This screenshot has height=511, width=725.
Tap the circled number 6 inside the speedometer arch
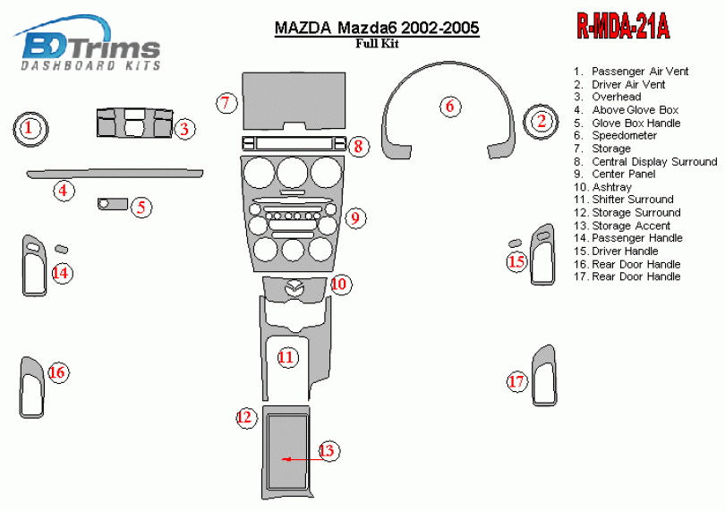coord(450,106)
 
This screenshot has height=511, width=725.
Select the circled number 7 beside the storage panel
coord(227,103)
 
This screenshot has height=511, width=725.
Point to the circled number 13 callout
coord(328,450)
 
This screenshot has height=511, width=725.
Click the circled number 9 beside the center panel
coord(354,217)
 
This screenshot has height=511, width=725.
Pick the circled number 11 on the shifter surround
coord(286,358)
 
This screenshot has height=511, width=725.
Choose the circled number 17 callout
coord(516,382)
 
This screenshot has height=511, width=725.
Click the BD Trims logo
coord(90,45)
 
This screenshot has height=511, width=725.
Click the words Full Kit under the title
coord(376,43)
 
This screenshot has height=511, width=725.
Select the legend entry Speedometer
coord(624,136)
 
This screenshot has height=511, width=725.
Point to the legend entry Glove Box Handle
coord(635,123)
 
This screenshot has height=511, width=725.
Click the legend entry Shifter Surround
coord(632,200)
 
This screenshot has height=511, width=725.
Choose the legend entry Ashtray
coord(611,187)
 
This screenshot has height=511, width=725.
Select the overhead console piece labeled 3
coord(133,123)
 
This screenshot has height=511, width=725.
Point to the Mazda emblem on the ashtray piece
coord(294,287)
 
